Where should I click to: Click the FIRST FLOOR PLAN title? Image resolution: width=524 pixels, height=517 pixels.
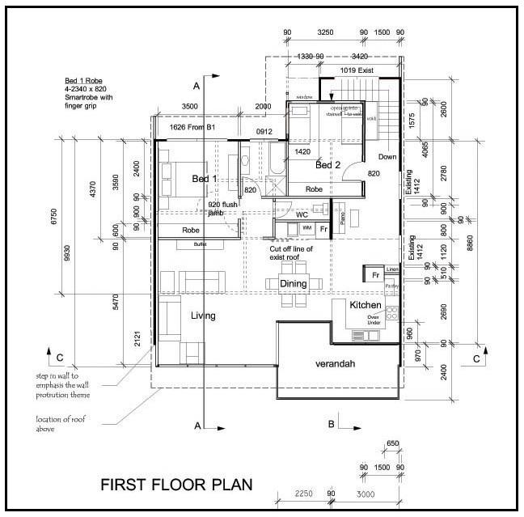[x=175, y=485]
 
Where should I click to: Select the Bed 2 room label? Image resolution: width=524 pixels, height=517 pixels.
[x=328, y=165]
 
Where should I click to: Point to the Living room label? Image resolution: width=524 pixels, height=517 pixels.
[x=203, y=315]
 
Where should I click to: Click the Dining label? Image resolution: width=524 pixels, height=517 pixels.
[x=293, y=284]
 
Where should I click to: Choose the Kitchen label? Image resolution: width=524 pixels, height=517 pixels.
[x=366, y=305]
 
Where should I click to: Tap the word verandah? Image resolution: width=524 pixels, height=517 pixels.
[x=339, y=364]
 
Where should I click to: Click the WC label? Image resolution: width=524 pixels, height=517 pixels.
[x=300, y=215]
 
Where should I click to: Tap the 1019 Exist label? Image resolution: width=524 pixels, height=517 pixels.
[x=357, y=71]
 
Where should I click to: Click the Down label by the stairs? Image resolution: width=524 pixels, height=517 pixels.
[x=387, y=157]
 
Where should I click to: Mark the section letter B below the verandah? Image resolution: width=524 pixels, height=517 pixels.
[x=331, y=423]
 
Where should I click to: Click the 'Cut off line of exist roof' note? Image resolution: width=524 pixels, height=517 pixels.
[x=291, y=253]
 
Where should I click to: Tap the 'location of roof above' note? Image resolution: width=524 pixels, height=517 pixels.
[x=57, y=423]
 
